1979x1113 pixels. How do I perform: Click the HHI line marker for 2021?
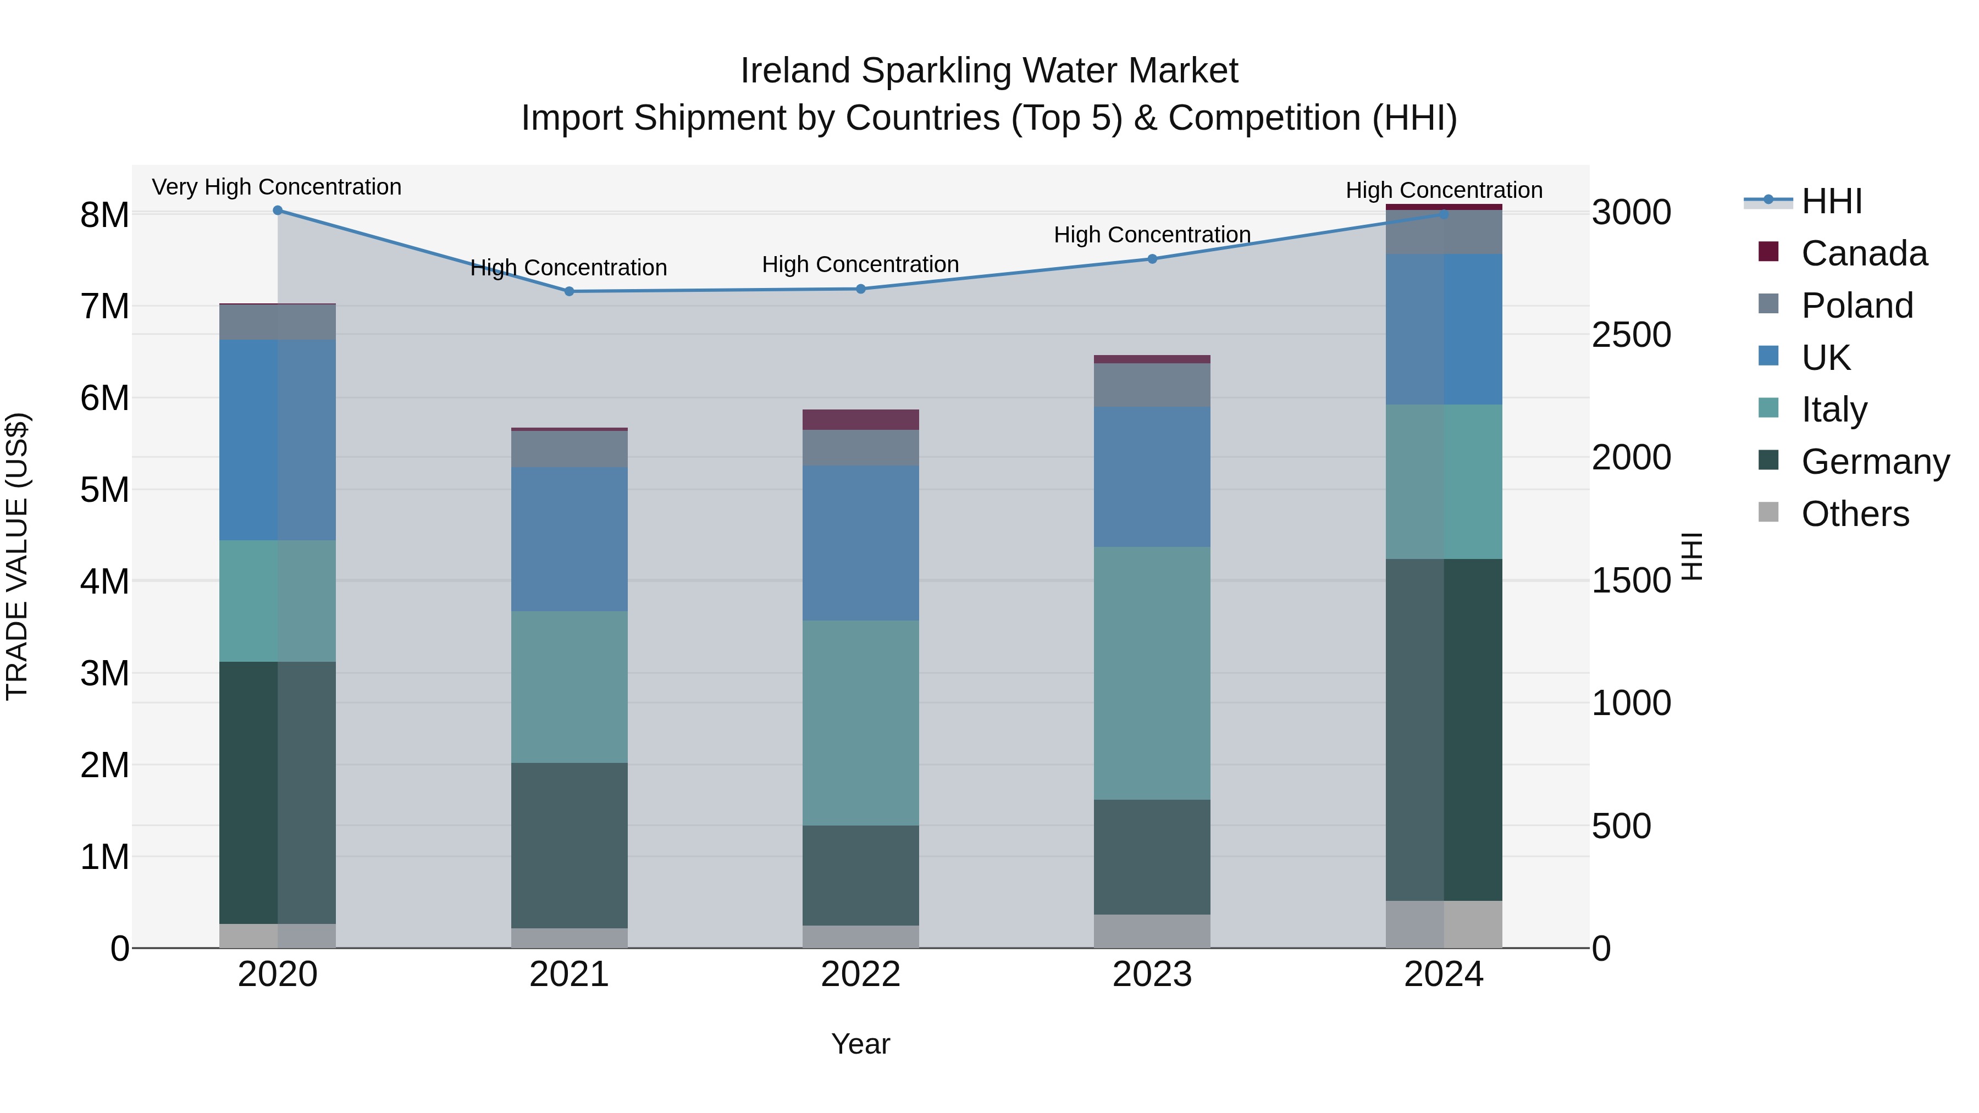pyautogui.click(x=570, y=291)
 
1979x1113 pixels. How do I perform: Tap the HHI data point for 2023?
pyautogui.click(x=1152, y=259)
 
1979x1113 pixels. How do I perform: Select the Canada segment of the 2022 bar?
pyautogui.click(x=860, y=419)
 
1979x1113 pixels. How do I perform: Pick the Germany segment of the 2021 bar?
pyautogui.click(x=570, y=845)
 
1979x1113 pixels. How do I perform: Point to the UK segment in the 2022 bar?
pyautogui.click(x=860, y=542)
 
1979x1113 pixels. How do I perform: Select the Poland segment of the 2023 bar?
pyautogui.click(x=1152, y=385)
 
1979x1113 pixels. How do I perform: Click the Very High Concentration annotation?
pyautogui.click(x=277, y=187)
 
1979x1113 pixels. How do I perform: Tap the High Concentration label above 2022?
pyautogui.click(x=860, y=264)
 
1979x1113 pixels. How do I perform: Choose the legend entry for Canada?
pyautogui.click(x=1864, y=253)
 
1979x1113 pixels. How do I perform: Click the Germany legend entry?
pyautogui.click(x=1875, y=462)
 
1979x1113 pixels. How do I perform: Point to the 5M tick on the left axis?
pyautogui.click(x=104, y=489)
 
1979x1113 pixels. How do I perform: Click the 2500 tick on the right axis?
pyautogui.click(x=1631, y=335)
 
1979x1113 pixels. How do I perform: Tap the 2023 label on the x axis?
pyautogui.click(x=1152, y=974)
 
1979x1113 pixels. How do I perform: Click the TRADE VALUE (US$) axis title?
pyautogui.click(x=17, y=556)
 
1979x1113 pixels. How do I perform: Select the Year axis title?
pyautogui.click(x=860, y=1044)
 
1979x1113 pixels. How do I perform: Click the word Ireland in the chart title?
pyautogui.click(x=796, y=71)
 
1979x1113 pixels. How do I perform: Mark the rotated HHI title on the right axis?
pyautogui.click(x=1693, y=556)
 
